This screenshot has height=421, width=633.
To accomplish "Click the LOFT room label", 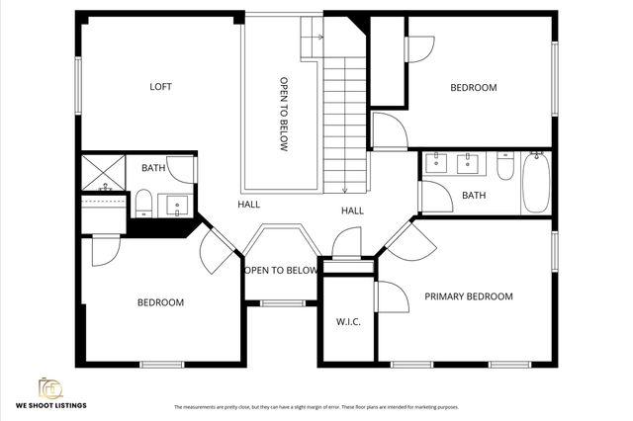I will coord(160,87).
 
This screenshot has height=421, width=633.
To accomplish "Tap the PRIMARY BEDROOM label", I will coord(469,296).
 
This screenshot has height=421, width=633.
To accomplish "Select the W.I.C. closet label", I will coord(347,321).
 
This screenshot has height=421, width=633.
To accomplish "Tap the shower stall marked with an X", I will coord(102,173).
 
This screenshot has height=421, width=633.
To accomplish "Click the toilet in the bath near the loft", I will coord(143,203).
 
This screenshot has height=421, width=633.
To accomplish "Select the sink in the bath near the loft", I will coord(178,206).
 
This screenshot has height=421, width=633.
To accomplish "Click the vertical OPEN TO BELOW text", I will coord(284,115).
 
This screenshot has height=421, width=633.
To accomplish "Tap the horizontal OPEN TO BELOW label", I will coord(281,270).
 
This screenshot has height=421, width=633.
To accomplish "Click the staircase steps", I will coord(344,119).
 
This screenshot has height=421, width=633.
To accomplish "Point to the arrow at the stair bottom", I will coord(344,188).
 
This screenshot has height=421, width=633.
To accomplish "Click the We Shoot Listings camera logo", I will coord(49,386).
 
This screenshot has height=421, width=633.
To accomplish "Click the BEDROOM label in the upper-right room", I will coord(473,88).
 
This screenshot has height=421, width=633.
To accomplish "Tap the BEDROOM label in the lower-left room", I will coord(160,302).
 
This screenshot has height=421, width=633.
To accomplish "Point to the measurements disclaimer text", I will coord(316,407).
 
